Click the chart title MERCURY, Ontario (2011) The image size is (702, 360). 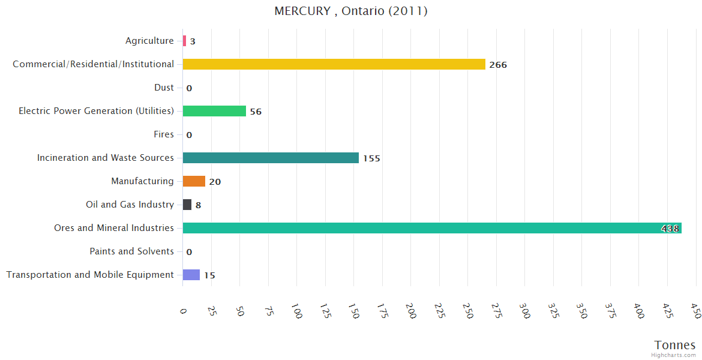click(x=351, y=11)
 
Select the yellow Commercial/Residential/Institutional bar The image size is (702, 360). click(x=334, y=64)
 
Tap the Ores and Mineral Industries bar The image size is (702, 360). click(x=420, y=228)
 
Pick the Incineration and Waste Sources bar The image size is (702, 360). click(x=271, y=158)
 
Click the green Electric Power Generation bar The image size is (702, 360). click(x=214, y=111)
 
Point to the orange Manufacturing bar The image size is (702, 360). click(x=194, y=181)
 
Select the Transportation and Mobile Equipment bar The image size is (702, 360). click(x=191, y=275)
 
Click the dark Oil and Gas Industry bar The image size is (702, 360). click(x=187, y=205)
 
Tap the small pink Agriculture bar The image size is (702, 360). click(x=184, y=41)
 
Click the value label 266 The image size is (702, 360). click(x=498, y=65)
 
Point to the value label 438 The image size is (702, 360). click(x=670, y=229)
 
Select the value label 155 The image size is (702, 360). click(x=371, y=158)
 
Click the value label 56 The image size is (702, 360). click(x=256, y=112)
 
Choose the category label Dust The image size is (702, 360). click(x=164, y=88)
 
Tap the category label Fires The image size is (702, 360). click(x=164, y=134)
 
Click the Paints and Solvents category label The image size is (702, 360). click(x=131, y=251)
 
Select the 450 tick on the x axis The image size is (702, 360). click(x=695, y=310)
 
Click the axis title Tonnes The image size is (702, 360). click(x=675, y=345)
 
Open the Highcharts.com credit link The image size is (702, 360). click(x=674, y=355)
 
